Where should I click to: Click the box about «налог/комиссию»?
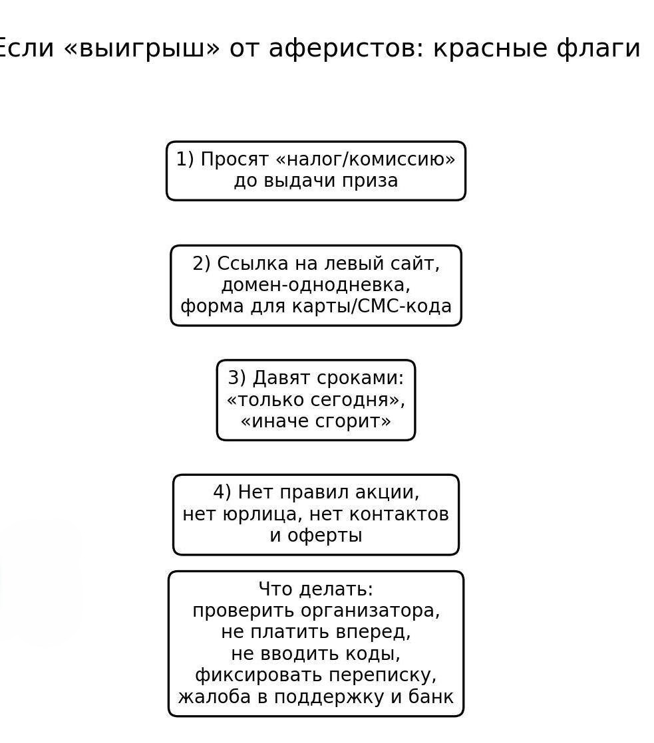tap(315, 171)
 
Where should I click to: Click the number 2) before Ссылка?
tap(201, 264)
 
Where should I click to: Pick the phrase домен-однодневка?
tap(315, 285)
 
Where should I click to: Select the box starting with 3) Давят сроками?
tap(315, 400)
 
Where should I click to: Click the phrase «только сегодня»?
tap(315, 400)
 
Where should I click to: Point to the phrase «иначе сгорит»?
tap(315, 421)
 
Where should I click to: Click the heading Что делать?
tap(315, 589)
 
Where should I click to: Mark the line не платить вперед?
tap(315, 632)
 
